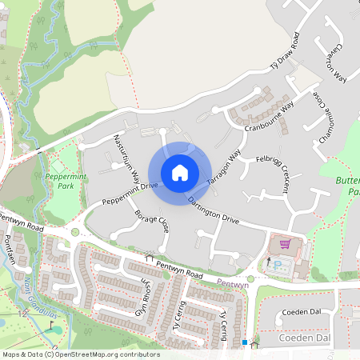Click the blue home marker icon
(179, 173)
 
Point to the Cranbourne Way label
(270, 115)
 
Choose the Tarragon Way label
(224, 168)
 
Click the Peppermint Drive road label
(129, 192)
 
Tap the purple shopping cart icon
(284, 244)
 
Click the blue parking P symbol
(278, 264)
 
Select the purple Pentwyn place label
(234, 285)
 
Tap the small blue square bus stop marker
(245, 342)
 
